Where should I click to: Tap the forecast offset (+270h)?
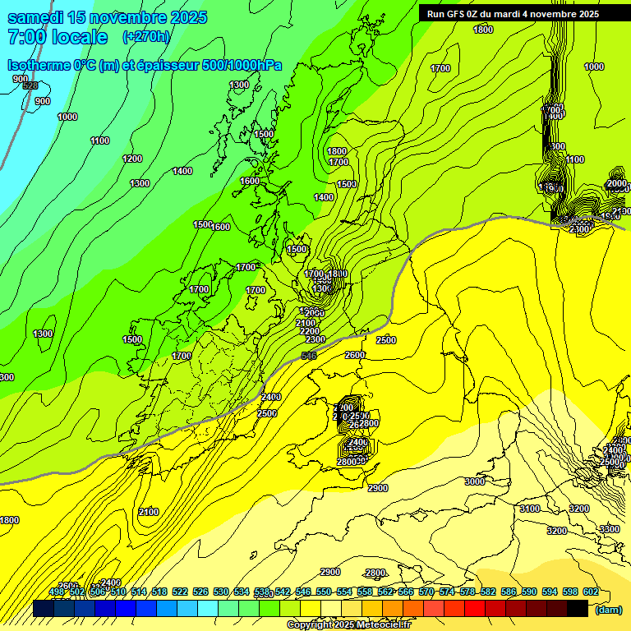click(x=146, y=36)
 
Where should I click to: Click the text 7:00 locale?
click(x=57, y=37)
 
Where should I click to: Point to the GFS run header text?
click(x=513, y=14)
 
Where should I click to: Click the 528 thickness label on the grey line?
click(x=30, y=85)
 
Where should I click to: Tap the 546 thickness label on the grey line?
click(x=309, y=355)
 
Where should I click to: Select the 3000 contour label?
click(x=475, y=481)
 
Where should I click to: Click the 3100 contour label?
click(x=530, y=509)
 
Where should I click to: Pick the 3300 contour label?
click(x=609, y=529)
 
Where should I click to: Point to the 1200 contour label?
click(x=132, y=159)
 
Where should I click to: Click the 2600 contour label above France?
click(x=355, y=355)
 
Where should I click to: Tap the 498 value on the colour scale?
click(x=57, y=592)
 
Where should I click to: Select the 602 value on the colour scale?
click(x=590, y=592)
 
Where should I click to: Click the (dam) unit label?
click(x=608, y=610)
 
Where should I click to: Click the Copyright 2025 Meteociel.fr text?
click(x=348, y=625)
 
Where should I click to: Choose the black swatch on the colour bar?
click(x=578, y=609)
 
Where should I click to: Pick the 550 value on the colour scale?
click(x=324, y=592)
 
